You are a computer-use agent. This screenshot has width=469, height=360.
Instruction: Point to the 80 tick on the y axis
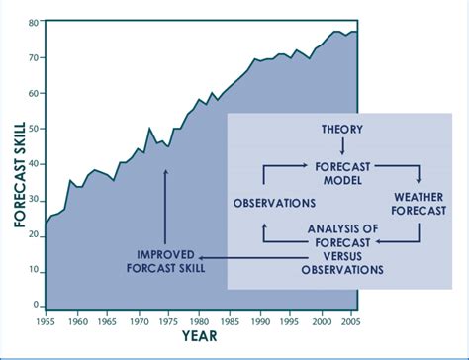[x=35, y=23]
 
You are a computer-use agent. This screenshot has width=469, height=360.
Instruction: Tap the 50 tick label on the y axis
[x=35, y=129]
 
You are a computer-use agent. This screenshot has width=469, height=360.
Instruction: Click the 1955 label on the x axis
[x=45, y=321]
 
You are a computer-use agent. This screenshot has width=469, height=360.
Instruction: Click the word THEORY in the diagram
[x=342, y=130]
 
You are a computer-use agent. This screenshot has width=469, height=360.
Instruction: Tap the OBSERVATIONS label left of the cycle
[x=274, y=204]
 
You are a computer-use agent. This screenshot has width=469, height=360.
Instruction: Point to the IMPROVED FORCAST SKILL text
[x=165, y=257]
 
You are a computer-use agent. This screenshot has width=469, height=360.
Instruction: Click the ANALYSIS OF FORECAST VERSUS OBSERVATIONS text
[x=342, y=249]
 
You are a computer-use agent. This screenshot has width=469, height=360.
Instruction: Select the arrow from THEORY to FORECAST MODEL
[x=342, y=147]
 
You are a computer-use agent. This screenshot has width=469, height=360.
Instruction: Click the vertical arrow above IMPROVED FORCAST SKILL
[x=165, y=206]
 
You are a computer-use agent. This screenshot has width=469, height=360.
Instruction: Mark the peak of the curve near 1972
[x=149, y=129]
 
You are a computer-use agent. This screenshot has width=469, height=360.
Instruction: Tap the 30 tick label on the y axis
[x=35, y=199]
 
